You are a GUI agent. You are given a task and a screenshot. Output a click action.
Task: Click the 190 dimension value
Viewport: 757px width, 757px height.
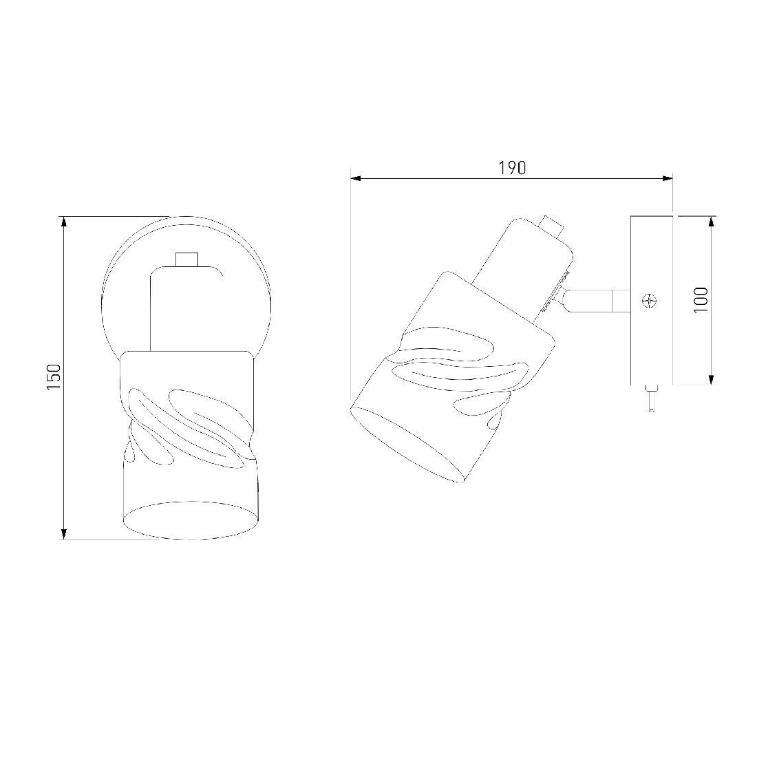tap(512, 167)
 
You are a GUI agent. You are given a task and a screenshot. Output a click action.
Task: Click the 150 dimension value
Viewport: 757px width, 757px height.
tap(54, 377)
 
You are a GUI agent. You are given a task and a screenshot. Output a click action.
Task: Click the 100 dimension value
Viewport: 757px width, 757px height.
tap(701, 300)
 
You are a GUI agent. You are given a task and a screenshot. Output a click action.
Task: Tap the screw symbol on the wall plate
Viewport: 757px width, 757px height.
tap(650, 301)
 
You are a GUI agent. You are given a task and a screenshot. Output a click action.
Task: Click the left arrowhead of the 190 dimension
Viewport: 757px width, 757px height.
tap(356, 179)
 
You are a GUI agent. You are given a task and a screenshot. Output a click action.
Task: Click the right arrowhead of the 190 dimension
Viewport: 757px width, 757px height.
tap(668, 179)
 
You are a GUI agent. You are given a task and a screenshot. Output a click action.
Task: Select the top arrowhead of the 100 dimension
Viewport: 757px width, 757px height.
tap(711, 222)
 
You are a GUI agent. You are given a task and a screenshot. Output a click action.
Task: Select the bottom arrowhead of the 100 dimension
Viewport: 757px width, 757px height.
tap(711, 379)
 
